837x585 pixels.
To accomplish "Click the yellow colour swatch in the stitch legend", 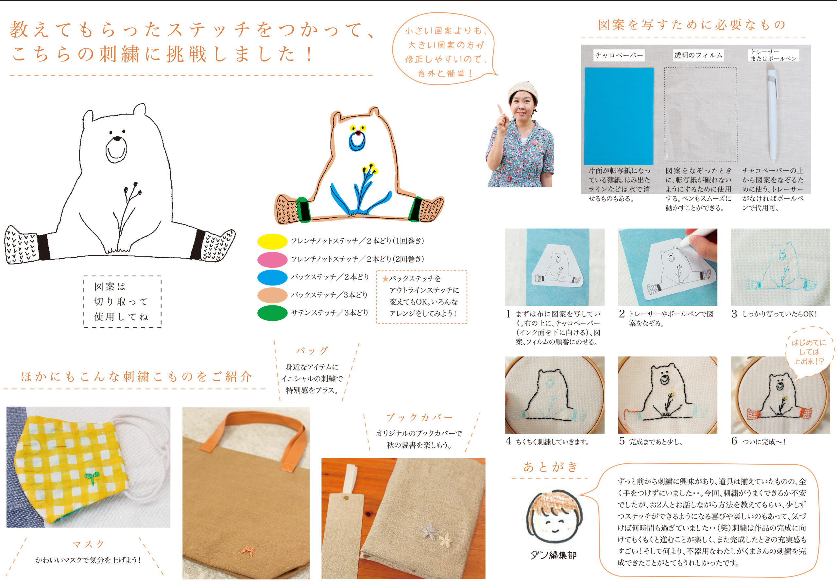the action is click(x=272, y=241).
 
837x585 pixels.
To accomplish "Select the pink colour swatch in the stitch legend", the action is click(x=272, y=260).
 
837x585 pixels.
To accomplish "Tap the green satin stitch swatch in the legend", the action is click(x=272, y=313).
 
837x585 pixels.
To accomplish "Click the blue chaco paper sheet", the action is click(x=619, y=116).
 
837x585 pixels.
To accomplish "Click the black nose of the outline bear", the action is click(x=117, y=139).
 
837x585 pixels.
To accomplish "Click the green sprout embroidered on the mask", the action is click(x=92, y=477).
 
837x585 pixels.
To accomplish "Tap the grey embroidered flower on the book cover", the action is click(x=429, y=531).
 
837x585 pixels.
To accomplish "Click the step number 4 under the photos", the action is click(x=508, y=441).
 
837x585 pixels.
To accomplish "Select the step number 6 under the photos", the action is click(x=734, y=441).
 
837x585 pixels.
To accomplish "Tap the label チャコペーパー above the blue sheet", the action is click(x=619, y=55).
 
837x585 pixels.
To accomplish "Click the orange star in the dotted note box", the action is click(x=385, y=279).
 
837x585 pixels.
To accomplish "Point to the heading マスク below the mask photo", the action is click(x=89, y=544).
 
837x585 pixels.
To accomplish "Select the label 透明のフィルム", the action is click(x=698, y=55).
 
